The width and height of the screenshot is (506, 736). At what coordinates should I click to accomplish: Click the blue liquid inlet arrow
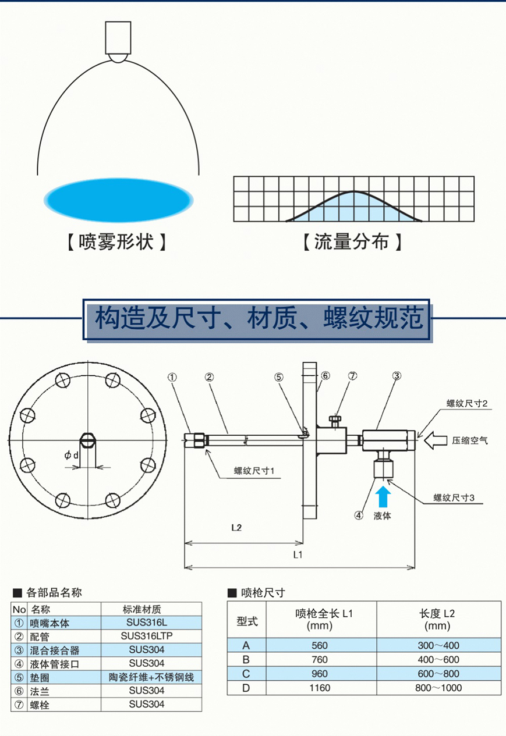(383, 496)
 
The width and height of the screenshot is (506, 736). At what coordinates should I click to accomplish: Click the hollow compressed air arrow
(436, 440)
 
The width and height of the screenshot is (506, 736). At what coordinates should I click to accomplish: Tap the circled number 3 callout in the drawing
(397, 375)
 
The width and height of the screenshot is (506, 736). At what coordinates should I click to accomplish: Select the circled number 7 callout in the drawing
(352, 375)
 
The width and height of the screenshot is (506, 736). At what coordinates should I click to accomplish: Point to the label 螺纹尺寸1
(254, 471)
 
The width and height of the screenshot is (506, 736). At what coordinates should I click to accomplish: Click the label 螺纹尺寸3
(454, 498)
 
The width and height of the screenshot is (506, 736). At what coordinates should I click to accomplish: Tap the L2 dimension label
(236, 528)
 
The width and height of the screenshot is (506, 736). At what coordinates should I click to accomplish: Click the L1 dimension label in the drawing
(298, 554)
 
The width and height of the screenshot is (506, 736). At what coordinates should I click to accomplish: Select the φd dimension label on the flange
(72, 456)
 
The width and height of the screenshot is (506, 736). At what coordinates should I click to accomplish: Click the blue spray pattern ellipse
(119, 200)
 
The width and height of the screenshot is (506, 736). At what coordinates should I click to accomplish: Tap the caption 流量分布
(352, 242)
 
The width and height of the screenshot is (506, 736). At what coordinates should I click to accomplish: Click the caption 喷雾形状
(116, 242)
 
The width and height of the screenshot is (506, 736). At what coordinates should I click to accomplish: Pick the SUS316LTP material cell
(147, 636)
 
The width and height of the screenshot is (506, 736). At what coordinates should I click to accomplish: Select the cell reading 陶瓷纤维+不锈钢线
(151, 677)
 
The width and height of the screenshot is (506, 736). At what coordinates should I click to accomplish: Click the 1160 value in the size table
(320, 688)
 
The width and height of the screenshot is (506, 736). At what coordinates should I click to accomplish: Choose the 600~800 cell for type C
(438, 674)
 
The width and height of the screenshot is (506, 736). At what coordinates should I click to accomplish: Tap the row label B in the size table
(246, 659)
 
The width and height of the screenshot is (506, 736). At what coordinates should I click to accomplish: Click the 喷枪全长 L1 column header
(324, 614)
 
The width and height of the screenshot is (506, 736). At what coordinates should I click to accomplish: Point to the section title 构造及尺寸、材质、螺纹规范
(259, 318)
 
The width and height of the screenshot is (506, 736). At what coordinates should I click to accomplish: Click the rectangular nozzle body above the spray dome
(118, 38)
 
